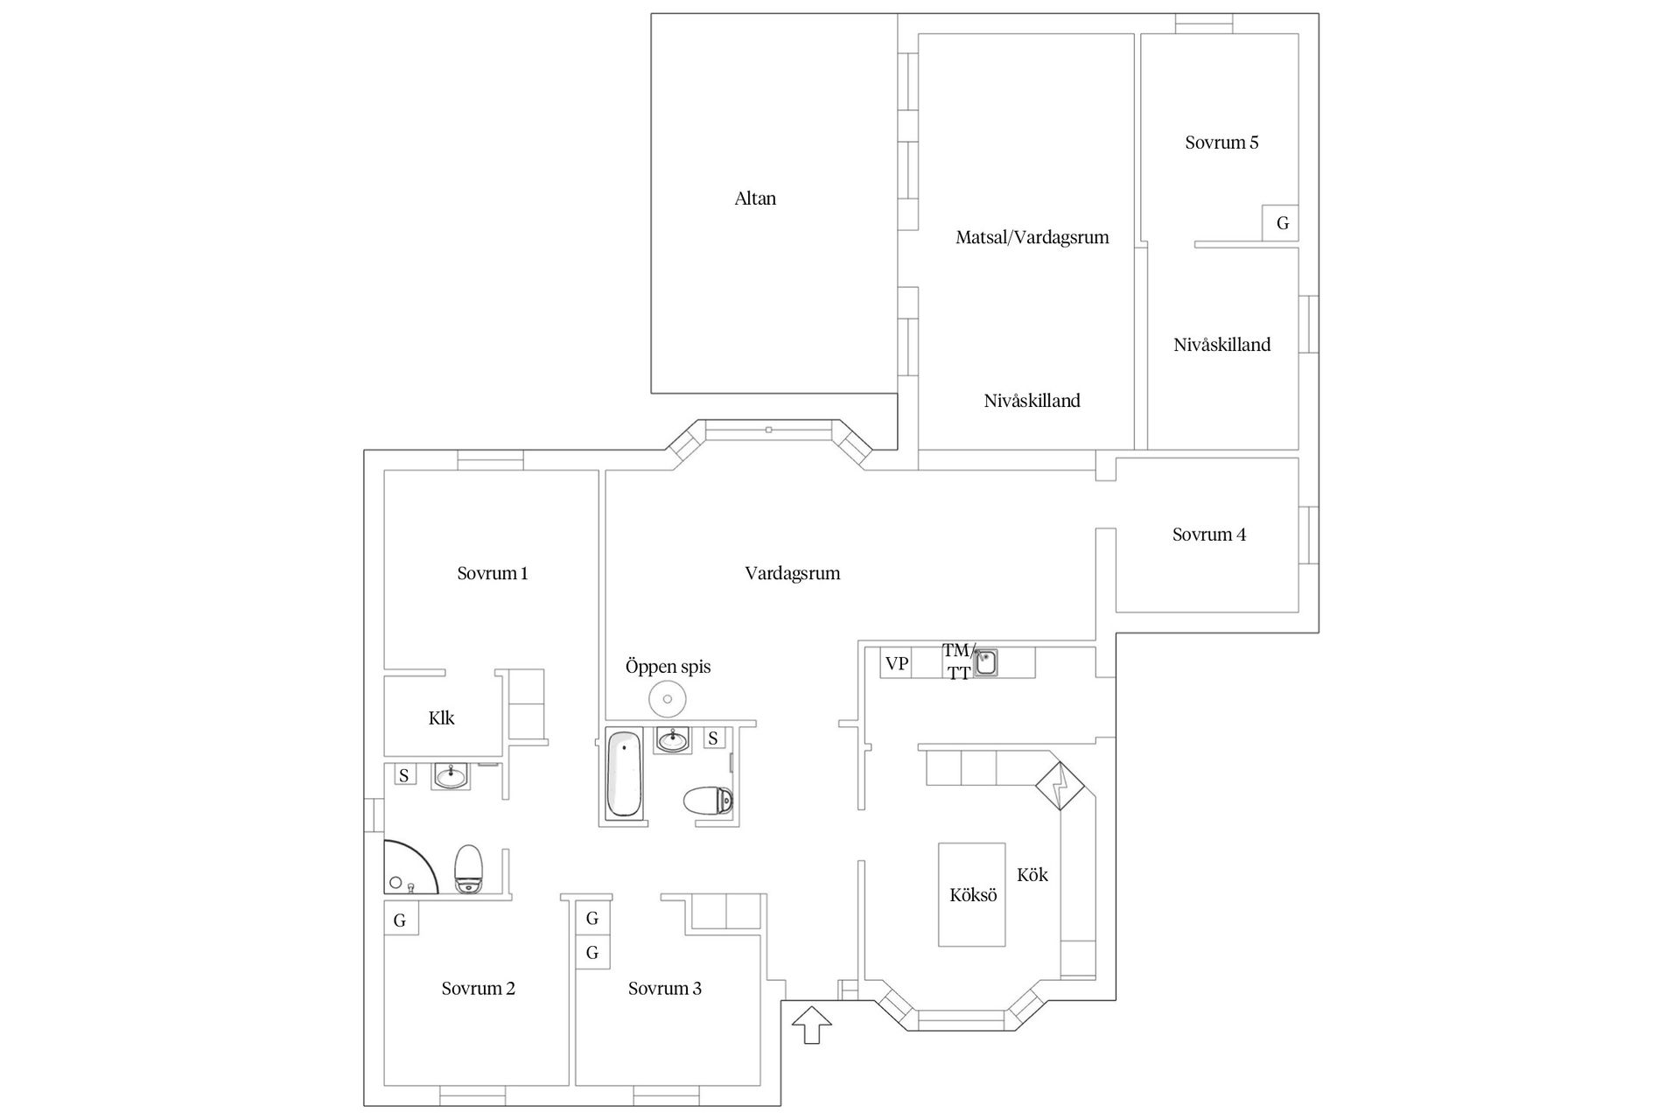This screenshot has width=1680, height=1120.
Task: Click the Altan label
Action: [x=755, y=199]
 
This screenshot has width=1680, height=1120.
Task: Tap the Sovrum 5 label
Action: [x=1221, y=143]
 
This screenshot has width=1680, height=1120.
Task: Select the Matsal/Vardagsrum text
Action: [x=1032, y=237]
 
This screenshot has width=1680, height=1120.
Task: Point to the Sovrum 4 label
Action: [x=1209, y=535]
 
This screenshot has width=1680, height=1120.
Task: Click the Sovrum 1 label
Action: [x=493, y=573]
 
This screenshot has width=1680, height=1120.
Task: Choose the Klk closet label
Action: [x=442, y=718]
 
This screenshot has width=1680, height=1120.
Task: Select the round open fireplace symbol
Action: [x=667, y=699]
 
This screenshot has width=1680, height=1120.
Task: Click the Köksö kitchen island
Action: [x=972, y=894]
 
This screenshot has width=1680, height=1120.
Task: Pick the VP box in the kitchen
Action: [x=896, y=663]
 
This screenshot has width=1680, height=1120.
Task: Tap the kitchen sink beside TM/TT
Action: [x=986, y=662]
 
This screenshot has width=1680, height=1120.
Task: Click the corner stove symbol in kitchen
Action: [x=1060, y=786]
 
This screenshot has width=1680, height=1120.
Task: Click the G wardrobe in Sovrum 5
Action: [x=1281, y=223]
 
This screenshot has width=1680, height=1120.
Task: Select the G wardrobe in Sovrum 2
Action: [x=401, y=920]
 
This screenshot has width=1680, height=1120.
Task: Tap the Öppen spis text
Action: [x=668, y=667]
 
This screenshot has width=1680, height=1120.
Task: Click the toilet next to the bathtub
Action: [x=708, y=800]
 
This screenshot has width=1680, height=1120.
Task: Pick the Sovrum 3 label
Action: [x=665, y=989]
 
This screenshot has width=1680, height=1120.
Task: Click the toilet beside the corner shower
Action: [x=469, y=869]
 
